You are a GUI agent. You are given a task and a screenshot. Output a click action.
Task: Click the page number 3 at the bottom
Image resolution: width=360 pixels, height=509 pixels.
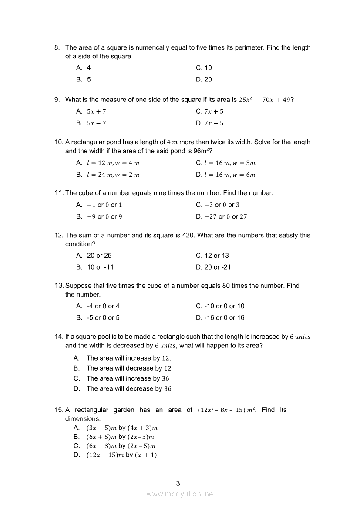point(178,483)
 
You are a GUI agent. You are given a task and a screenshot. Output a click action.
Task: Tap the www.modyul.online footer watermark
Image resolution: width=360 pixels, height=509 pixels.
point(180,494)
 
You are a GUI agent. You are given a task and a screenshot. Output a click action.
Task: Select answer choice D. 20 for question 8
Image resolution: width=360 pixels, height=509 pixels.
point(204,79)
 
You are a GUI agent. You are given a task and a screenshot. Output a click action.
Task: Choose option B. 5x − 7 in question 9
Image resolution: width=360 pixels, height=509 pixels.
point(91,123)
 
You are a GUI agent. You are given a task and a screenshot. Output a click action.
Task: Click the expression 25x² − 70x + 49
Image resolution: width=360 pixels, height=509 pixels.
point(264,100)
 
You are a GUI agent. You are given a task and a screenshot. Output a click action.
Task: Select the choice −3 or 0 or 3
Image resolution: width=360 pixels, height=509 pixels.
point(218,205)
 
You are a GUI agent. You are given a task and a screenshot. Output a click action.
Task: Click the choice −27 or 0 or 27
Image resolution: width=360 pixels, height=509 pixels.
point(221,216)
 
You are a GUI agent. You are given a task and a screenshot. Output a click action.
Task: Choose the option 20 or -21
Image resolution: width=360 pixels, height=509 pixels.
point(213,267)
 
